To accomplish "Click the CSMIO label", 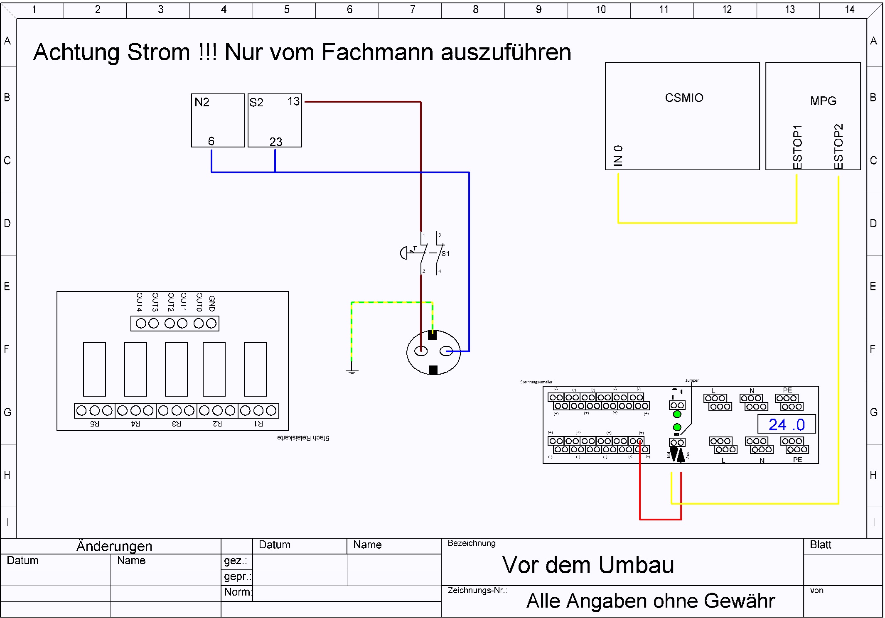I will (x=684, y=98).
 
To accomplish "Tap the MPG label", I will (x=823, y=101).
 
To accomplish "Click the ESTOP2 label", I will (x=838, y=146).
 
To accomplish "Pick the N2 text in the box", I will (x=202, y=102).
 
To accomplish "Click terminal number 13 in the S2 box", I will (x=293, y=101).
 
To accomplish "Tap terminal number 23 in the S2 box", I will (x=275, y=142).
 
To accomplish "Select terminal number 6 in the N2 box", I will (x=211, y=141).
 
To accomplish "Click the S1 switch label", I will (x=445, y=253).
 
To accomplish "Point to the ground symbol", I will (x=352, y=371).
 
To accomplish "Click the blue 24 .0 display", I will (x=787, y=424).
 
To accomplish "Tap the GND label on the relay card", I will (x=212, y=303).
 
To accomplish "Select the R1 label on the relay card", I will (x=258, y=424).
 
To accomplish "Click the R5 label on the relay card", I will (x=95, y=424).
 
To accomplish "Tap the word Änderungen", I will (x=114, y=546).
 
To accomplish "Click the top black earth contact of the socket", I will (x=432, y=335).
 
